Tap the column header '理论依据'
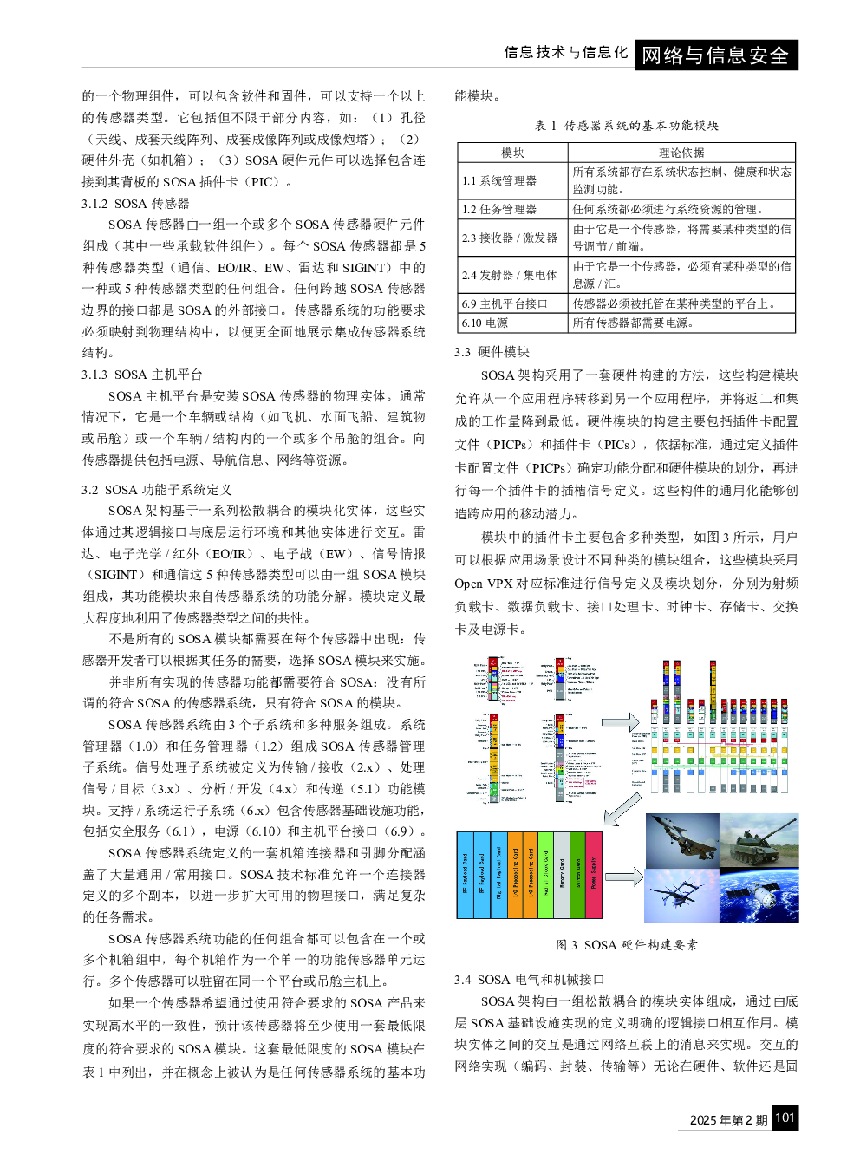tap(681, 153)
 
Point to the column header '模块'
tap(512, 153)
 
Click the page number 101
tap(785, 1118)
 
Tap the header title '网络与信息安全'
tap(715, 55)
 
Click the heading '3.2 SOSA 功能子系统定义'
tap(157, 490)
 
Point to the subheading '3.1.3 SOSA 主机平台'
tap(142, 375)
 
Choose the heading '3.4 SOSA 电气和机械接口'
tap(529, 980)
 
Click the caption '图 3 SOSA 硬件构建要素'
tap(626, 945)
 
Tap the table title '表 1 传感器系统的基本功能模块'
tap(626, 126)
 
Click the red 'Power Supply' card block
tap(594, 874)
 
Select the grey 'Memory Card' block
tap(562, 874)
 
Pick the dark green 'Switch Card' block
tap(578, 874)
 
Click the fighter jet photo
tap(681, 840)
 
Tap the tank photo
tap(759, 840)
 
